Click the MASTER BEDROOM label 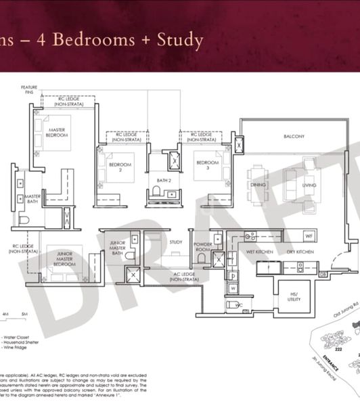pyautogui.click(x=58, y=133)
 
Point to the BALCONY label pyautogui.click(x=294, y=136)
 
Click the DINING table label pyautogui.click(x=258, y=185)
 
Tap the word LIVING pyautogui.click(x=309, y=185)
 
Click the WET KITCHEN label pyautogui.click(x=259, y=252)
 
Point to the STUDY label pyautogui.click(x=176, y=242)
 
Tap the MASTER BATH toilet pyautogui.click(x=24, y=219)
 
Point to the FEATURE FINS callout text pyautogui.click(x=29, y=89)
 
